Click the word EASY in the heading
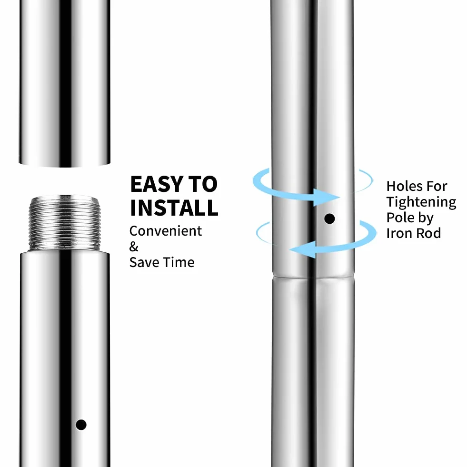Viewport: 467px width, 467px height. click(x=157, y=184)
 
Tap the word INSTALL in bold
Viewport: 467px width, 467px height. click(x=174, y=208)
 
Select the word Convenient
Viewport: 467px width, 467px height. click(x=166, y=231)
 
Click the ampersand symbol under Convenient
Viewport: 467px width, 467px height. click(x=134, y=247)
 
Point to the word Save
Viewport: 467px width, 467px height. click(x=144, y=262)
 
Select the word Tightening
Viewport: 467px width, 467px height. click(x=421, y=202)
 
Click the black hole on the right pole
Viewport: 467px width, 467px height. click(x=329, y=219)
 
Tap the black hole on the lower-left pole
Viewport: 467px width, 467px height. click(x=81, y=425)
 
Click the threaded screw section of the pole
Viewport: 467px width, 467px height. click(x=65, y=223)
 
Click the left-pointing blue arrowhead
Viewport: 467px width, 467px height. click(x=303, y=249)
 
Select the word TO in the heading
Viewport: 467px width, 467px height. click(x=203, y=184)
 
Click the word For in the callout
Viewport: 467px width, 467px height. click(x=437, y=186)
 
